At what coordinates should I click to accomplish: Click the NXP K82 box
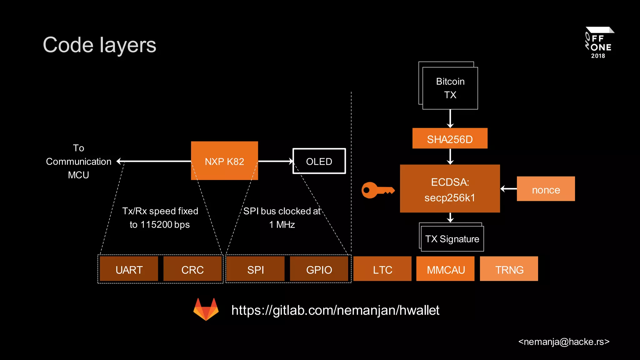(x=224, y=161)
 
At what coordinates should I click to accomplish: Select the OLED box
(x=319, y=161)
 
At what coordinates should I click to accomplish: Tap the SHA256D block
(x=450, y=138)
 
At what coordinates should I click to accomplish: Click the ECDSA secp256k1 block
(x=450, y=189)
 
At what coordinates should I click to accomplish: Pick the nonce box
(x=546, y=189)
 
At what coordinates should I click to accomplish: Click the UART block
(x=129, y=269)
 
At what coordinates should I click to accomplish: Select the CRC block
(x=192, y=269)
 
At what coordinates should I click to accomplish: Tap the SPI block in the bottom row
(x=256, y=269)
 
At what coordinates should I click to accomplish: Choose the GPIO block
(x=319, y=269)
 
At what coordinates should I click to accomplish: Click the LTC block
(x=382, y=269)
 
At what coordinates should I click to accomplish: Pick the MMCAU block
(x=445, y=269)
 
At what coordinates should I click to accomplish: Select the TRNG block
(x=509, y=269)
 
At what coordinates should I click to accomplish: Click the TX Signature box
(x=452, y=239)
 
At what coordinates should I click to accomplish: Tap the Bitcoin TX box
(x=450, y=88)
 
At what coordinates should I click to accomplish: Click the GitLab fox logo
(x=206, y=309)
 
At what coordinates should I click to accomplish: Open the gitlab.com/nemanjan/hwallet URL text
(x=335, y=310)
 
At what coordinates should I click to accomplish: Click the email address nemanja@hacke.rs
(x=564, y=342)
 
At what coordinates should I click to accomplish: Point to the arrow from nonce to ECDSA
(x=508, y=189)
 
